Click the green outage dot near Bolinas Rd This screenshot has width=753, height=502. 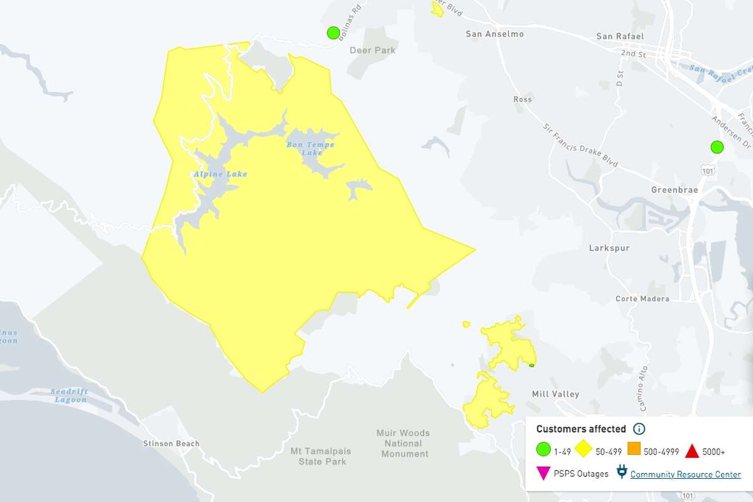(333, 33)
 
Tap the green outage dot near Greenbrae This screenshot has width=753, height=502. (717, 147)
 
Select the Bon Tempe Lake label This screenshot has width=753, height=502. (311, 149)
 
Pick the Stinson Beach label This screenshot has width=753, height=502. (171, 444)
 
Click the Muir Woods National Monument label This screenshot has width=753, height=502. (403, 443)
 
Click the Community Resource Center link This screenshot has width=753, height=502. (685, 474)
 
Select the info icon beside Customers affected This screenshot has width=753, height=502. (639, 429)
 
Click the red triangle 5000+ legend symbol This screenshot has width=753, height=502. (692, 451)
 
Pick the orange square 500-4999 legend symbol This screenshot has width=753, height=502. (633, 451)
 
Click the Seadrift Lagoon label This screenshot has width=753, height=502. (70, 395)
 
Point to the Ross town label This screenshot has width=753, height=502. (522, 99)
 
